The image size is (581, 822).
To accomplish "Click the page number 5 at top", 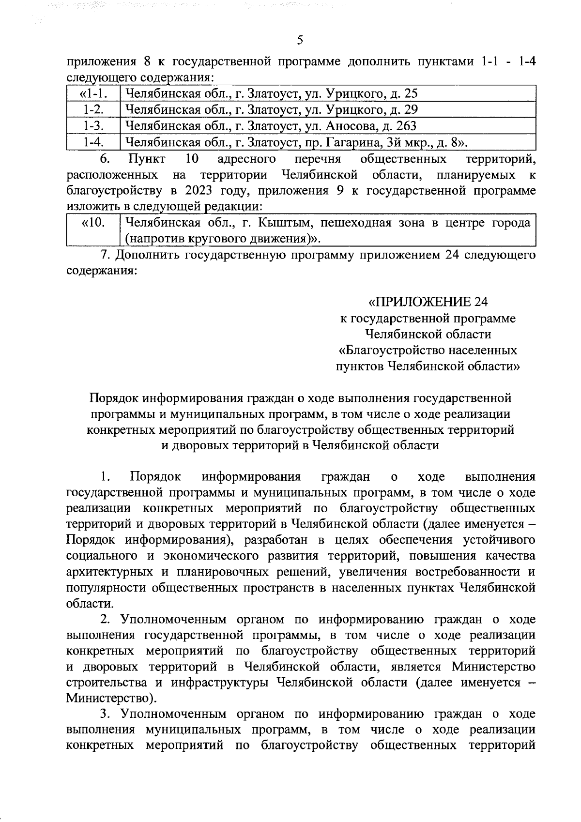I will click(300, 41).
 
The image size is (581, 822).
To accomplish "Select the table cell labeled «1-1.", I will click(92, 93).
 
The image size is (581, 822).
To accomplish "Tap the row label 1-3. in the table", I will click(92, 126).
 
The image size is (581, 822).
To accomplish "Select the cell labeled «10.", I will click(92, 223).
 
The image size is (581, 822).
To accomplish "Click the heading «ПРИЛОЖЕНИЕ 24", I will click(428, 303).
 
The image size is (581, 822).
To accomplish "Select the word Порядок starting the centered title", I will click(114, 398).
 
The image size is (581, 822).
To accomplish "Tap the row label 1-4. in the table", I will click(92, 142).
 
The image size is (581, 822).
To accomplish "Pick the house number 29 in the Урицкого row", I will click(410, 109).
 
